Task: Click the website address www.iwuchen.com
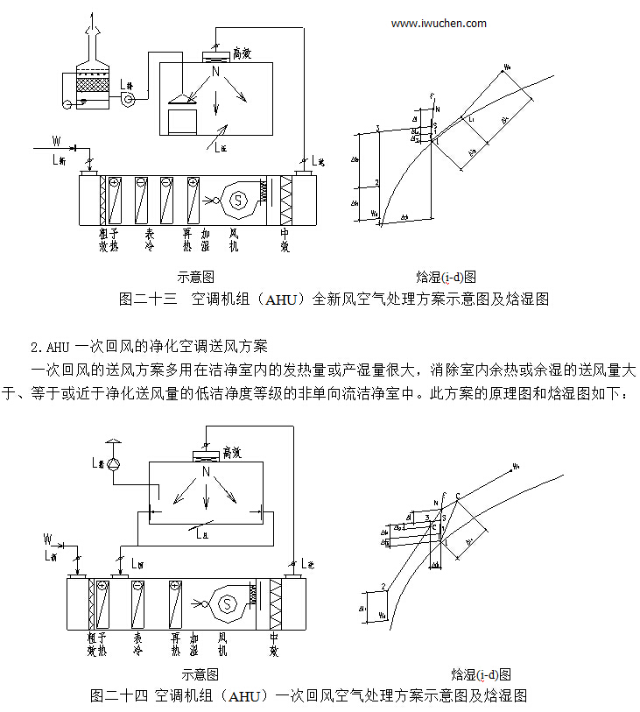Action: [x=439, y=24]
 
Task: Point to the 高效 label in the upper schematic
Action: [x=245, y=54]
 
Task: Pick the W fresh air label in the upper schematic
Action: [x=56, y=139]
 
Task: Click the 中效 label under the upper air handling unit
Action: [x=285, y=240]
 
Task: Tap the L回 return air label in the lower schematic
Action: [x=136, y=562]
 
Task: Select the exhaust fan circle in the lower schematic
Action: [x=112, y=461]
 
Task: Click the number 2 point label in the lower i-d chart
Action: [x=383, y=585]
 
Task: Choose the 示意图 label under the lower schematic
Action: [x=200, y=674]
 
